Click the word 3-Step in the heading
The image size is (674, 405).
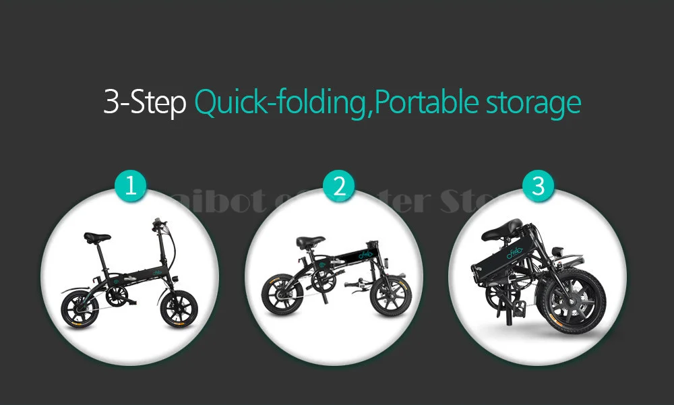(144, 102)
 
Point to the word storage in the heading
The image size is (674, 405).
(532, 102)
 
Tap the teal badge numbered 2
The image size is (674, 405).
(338, 186)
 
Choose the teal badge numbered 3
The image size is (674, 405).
(537, 186)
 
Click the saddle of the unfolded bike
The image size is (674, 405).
(97, 237)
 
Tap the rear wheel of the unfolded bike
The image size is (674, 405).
(80, 309)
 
